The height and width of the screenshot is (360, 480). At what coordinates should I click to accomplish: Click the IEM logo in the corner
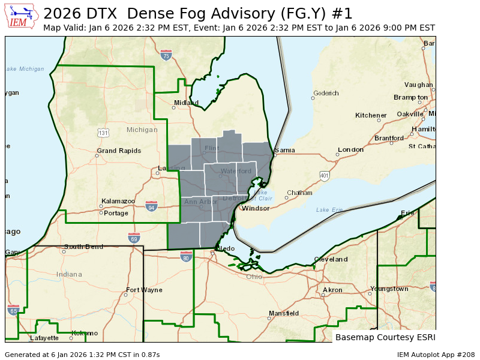[23, 16]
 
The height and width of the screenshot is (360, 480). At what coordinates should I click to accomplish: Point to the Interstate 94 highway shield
[151, 206]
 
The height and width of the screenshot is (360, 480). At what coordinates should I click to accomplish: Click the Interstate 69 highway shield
[134, 238]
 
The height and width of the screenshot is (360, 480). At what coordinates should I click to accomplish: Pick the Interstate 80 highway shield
[186, 257]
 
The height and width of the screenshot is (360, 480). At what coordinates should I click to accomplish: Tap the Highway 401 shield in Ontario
[325, 176]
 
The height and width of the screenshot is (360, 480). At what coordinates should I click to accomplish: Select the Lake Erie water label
[329, 210]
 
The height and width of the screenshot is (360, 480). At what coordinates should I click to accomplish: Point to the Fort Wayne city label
[144, 290]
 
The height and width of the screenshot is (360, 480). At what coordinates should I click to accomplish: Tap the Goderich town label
[326, 93]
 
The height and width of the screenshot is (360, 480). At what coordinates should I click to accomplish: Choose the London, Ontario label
[350, 149]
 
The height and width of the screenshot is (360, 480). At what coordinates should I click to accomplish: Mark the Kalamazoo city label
[118, 201]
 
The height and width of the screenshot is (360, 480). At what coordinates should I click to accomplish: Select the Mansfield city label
[283, 313]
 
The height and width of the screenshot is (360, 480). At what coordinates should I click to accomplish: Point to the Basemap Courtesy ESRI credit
[385, 337]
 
